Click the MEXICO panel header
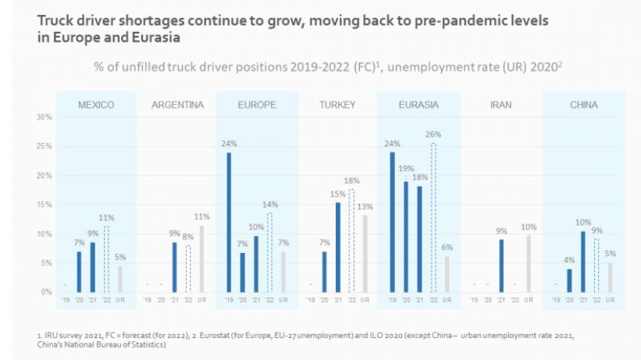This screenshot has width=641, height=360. point(96,105)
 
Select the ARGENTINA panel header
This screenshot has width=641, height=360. point(177,105)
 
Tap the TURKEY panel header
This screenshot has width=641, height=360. point(337,105)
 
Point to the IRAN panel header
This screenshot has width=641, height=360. point(500,105)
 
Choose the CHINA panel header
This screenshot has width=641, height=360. point(583,105)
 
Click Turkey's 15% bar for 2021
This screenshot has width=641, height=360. point(338,248)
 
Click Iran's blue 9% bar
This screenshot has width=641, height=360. point(500,266)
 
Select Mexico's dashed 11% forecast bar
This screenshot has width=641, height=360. point(106,259)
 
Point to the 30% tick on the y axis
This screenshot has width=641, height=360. point(45,117)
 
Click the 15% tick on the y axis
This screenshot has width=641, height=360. point(45,205)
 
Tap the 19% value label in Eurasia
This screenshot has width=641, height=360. point(406,167)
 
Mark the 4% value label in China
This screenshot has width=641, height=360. point(569,260)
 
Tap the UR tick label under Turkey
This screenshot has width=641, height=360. point(366,300)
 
